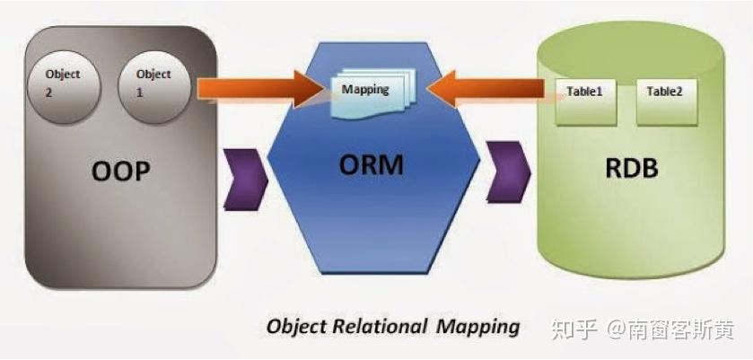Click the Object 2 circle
tap(62, 83)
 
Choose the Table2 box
tap(666, 98)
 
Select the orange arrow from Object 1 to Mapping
tap(260, 88)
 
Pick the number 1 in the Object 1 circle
tap(138, 91)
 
